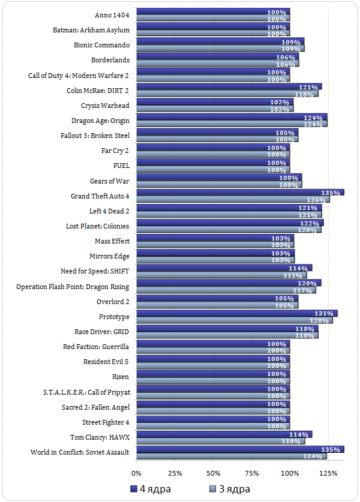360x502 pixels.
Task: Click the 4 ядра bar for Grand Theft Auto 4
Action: tap(240, 193)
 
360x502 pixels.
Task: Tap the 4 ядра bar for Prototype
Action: tap(237, 313)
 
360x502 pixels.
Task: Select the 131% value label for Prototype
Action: tap(324, 313)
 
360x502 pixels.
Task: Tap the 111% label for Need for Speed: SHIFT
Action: tap(293, 275)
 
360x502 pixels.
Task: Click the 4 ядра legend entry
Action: tap(151, 489)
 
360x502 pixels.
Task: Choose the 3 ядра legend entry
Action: tap(230, 489)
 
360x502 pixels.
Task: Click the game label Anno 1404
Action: tap(112, 14)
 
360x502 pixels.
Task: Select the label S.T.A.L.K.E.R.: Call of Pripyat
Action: tap(86, 392)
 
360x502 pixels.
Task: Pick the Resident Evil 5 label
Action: tap(106, 362)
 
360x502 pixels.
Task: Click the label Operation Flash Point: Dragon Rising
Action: tap(73, 286)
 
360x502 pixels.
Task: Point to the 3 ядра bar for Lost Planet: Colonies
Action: tap(229, 230)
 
